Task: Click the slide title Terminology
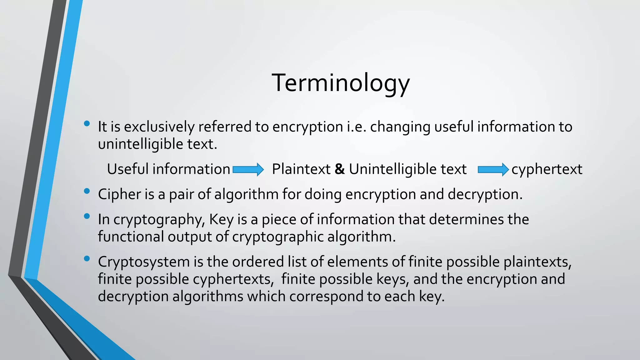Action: tap(341, 83)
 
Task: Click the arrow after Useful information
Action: tap(248, 170)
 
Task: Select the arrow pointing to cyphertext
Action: tap(493, 170)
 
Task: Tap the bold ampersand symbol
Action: tap(340, 169)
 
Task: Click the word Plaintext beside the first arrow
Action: tap(301, 169)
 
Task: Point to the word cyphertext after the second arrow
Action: tap(547, 169)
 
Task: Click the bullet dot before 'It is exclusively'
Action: tap(87, 124)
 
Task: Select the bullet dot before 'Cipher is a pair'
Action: tap(87, 191)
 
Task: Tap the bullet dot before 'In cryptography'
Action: tap(87, 216)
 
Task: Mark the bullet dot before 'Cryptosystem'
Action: tap(87, 258)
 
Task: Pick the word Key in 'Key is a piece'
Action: tap(221, 219)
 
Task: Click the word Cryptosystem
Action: tap(144, 262)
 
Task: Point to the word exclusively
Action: tap(159, 127)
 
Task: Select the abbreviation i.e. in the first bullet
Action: tap(356, 127)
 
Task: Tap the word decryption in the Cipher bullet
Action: tap(485, 194)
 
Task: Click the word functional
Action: tap(131, 237)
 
